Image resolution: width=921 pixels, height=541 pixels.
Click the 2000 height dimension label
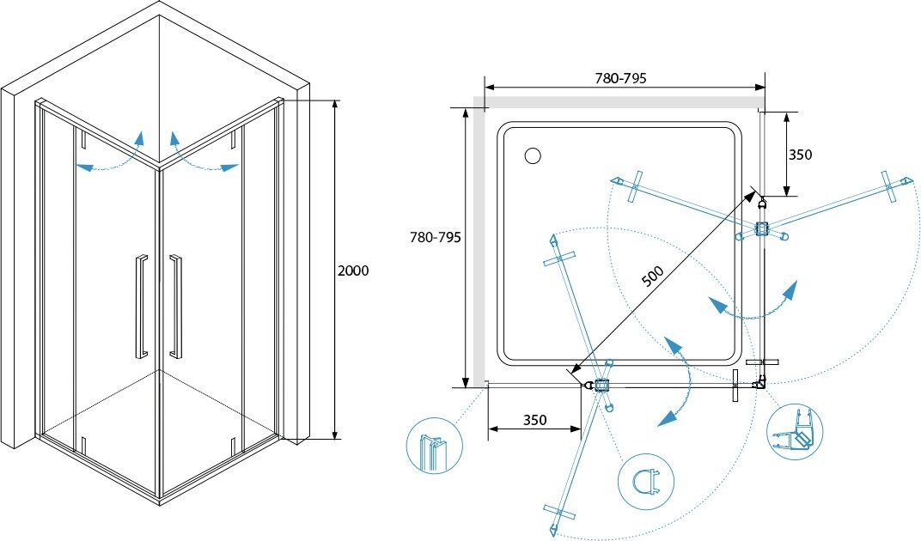[x=354, y=270]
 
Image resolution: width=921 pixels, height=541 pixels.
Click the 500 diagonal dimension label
[x=653, y=276]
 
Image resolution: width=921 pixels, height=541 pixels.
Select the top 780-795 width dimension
[x=620, y=77]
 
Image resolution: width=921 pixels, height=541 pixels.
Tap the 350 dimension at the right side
[x=800, y=155]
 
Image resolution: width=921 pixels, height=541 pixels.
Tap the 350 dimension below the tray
[x=534, y=420]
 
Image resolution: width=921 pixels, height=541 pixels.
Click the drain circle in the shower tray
[x=532, y=155]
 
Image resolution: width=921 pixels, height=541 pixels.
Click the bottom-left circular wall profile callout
[x=434, y=446]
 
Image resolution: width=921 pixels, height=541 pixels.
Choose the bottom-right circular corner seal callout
[x=795, y=434]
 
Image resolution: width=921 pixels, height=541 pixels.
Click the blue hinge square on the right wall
[x=761, y=229]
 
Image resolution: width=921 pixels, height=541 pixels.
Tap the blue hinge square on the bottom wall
[x=601, y=386]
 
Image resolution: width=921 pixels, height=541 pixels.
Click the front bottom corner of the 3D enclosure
[x=160, y=498]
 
